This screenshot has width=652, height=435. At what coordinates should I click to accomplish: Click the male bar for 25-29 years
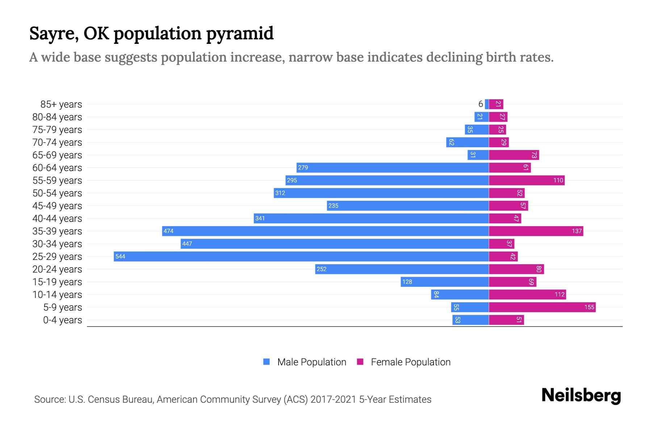pyautogui.click(x=301, y=256)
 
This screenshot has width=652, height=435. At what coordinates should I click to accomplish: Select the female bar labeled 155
pyautogui.click(x=542, y=307)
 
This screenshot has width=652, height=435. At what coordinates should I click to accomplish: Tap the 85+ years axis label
pyautogui.click(x=61, y=104)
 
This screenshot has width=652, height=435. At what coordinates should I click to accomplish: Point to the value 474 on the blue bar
pyautogui.click(x=168, y=231)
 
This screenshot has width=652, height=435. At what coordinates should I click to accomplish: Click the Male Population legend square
pyautogui.click(x=267, y=362)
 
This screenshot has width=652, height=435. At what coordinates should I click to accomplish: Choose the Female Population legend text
pyautogui.click(x=410, y=362)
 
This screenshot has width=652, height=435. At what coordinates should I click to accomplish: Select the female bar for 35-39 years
pyautogui.click(x=536, y=231)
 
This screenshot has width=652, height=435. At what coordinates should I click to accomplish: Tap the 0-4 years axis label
pyautogui.click(x=62, y=320)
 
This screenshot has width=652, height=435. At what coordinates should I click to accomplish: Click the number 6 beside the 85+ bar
pyautogui.click(x=480, y=104)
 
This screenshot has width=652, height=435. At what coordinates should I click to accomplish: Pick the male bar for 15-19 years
pyautogui.click(x=444, y=282)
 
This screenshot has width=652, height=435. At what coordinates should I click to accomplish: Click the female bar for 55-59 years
pyautogui.click(x=526, y=180)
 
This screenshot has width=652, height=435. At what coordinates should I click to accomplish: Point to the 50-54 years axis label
pyautogui.click(x=57, y=193)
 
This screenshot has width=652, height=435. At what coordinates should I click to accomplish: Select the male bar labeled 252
pyautogui.click(x=402, y=269)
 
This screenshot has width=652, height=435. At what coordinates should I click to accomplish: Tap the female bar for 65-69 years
pyautogui.click(x=514, y=155)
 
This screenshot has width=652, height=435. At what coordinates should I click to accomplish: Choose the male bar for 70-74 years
pyautogui.click(x=467, y=142)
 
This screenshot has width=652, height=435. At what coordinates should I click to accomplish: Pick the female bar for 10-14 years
pyautogui.click(x=527, y=294)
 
